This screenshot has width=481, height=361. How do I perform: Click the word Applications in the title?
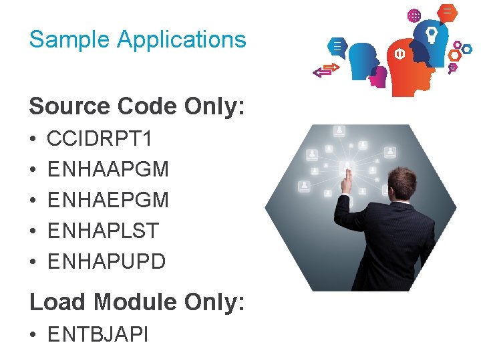(182, 40)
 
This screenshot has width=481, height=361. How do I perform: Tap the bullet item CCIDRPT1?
(100, 139)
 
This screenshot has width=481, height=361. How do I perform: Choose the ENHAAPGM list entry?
(108, 170)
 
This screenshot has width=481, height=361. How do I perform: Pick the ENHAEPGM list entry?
(108, 200)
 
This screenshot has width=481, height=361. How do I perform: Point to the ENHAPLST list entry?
(103, 231)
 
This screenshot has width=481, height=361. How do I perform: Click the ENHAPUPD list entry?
(106, 261)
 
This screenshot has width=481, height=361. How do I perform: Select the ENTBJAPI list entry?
(98, 333)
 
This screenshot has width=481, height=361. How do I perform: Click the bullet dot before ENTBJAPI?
(33, 334)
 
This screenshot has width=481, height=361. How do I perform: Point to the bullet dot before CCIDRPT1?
(33, 140)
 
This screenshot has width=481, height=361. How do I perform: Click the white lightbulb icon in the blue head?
(432, 34)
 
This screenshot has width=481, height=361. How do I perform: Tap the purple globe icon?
(414, 15)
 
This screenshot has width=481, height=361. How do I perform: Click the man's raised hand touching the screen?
(347, 176)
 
